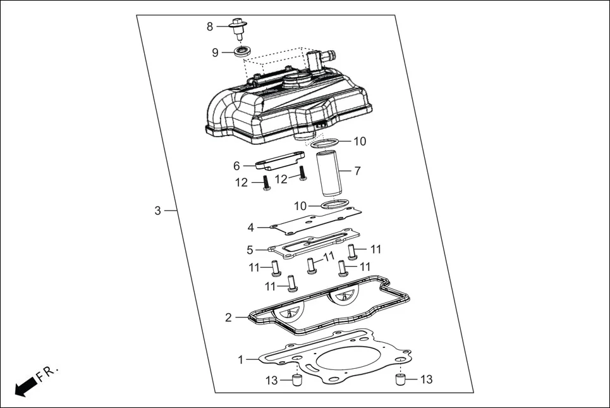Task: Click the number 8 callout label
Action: [x=210, y=27]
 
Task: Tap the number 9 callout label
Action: [x=215, y=53]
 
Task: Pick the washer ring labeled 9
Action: [x=241, y=51]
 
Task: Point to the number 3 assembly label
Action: [x=158, y=211]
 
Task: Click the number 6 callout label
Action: [x=236, y=166]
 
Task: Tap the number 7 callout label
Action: [x=357, y=171]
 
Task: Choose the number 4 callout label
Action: [x=251, y=227]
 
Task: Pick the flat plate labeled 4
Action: [x=314, y=221]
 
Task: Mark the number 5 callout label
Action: [x=250, y=250]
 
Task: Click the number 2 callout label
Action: [x=229, y=318]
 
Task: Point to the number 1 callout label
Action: [x=240, y=360]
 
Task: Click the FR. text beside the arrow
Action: [x=47, y=373]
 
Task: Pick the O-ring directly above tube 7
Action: [x=327, y=145]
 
